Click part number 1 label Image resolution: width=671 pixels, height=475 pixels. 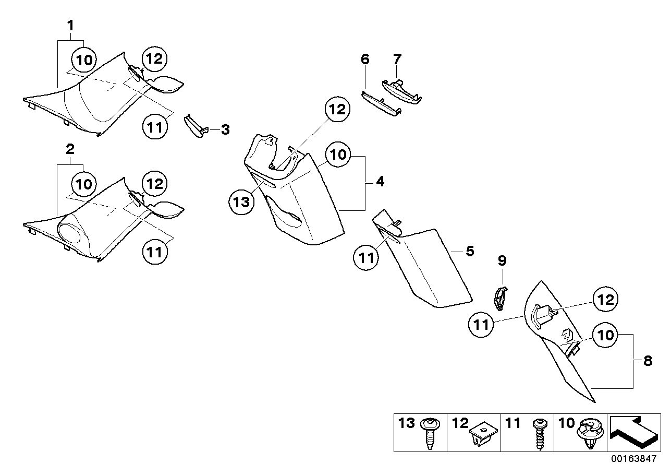pyautogui.click(x=70, y=26)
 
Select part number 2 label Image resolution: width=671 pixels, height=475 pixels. pyautogui.click(x=70, y=149)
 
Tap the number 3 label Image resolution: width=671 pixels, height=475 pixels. pyautogui.click(x=225, y=129)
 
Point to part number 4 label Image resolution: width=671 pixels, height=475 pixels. pyautogui.click(x=380, y=182)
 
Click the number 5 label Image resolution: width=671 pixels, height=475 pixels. pyautogui.click(x=470, y=251)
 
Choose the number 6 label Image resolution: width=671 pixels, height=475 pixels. pyautogui.click(x=365, y=59)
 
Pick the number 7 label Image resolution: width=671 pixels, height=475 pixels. pyautogui.click(x=397, y=59)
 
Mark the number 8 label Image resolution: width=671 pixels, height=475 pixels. pyautogui.click(x=648, y=361)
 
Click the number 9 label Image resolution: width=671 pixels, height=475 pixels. pyautogui.click(x=503, y=260)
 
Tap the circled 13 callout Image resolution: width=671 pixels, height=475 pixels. pyautogui.click(x=241, y=202)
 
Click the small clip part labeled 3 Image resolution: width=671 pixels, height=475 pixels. pyautogui.click(x=196, y=126)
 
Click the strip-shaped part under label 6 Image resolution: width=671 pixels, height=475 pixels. pyautogui.click(x=381, y=104)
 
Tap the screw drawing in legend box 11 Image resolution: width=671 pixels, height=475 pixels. pyautogui.click(x=540, y=434)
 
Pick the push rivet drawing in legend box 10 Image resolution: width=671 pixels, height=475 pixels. pyautogui.click(x=590, y=434)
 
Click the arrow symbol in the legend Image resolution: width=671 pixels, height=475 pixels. pyautogui.click(x=634, y=432)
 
